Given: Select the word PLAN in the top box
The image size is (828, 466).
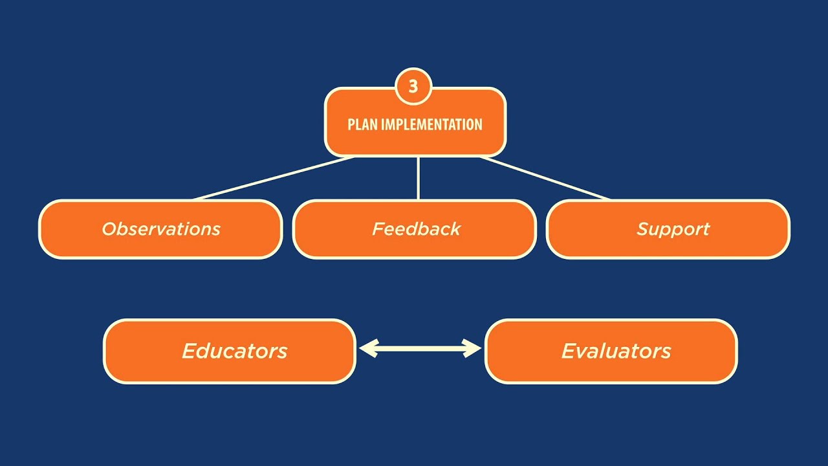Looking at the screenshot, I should click(363, 124).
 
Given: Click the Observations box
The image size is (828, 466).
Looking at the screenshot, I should click(160, 229).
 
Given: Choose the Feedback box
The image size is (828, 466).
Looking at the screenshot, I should click(415, 229).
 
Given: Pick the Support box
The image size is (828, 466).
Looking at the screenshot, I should click(668, 229).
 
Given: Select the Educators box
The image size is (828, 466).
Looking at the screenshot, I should click(230, 351).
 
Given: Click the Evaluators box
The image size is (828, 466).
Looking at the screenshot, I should click(611, 351).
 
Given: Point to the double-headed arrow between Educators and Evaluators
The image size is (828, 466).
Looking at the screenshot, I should click(420, 349).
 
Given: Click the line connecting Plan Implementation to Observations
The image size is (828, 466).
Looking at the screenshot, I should click(274, 178).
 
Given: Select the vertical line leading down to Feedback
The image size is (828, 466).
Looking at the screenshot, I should click(419, 178).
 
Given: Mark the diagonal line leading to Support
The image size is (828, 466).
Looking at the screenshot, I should click(545, 178).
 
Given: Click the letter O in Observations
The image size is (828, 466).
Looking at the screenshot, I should click(109, 229).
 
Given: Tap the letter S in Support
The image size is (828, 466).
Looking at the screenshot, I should click(643, 229).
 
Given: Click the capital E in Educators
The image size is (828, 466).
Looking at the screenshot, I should click(189, 351).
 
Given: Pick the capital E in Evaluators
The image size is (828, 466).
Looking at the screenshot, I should click(569, 351).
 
